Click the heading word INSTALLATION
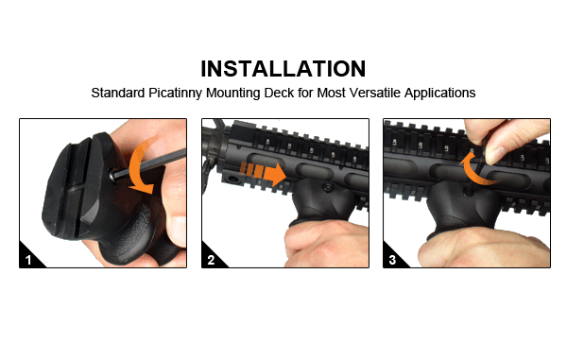coord(283,69)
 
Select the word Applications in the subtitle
coord(439,93)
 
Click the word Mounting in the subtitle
coord(232,93)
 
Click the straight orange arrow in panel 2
coord(264,174)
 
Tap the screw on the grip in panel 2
coord(328,187)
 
